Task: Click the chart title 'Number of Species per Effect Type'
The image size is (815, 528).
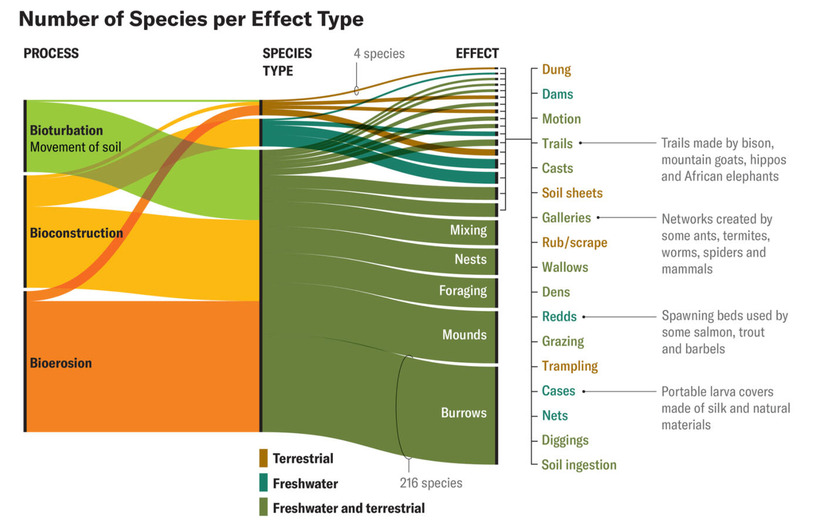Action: click(191, 19)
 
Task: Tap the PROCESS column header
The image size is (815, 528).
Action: click(51, 53)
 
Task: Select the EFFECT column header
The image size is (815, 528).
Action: click(477, 53)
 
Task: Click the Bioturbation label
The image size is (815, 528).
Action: click(66, 130)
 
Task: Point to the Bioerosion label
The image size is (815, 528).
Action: click(61, 363)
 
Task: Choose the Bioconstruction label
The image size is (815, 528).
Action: click(76, 233)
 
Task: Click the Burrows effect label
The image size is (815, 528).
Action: click(463, 413)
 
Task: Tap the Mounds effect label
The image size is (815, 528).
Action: click(464, 335)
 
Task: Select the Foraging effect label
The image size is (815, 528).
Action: click(463, 290)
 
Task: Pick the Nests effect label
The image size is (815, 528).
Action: click(470, 259)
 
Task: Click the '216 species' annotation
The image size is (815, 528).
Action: click(431, 483)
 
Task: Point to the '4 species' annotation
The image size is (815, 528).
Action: click(379, 53)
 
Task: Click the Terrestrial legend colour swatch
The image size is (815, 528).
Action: click(264, 458)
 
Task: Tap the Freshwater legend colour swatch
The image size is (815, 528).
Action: click(264, 483)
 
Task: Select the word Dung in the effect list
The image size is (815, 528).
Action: click(556, 70)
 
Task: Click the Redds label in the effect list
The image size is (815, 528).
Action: click(559, 317)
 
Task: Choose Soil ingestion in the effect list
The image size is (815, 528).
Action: click(578, 465)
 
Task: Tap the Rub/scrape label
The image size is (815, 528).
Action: click(574, 242)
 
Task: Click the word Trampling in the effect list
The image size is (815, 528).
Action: click(570, 366)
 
